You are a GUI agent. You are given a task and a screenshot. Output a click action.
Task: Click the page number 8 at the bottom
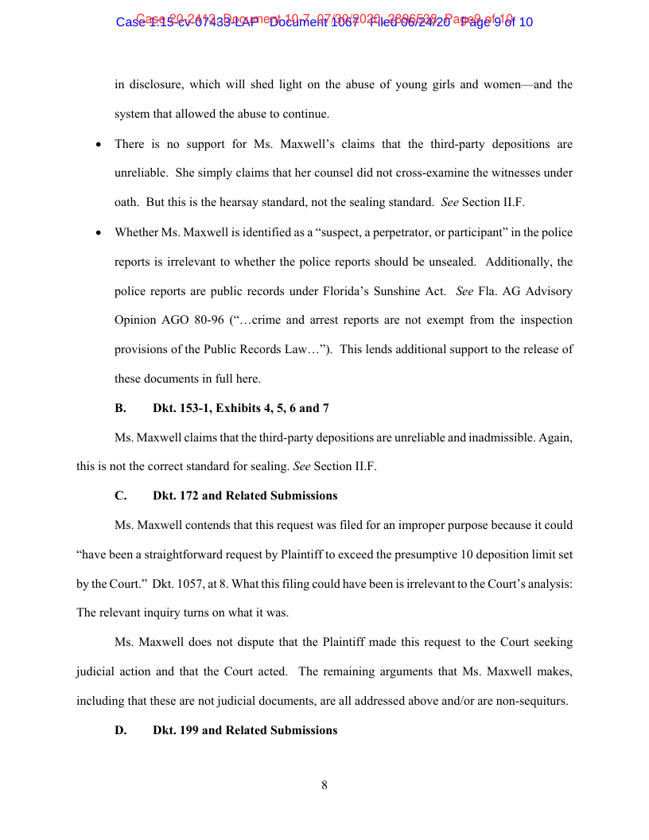(324, 786)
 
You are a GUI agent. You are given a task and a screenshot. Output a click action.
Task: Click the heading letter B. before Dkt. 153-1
(120, 408)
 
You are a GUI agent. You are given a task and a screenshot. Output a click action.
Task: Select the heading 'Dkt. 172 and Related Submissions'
(245, 496)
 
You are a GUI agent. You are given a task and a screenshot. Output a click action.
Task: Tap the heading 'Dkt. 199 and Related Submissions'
(245, 730)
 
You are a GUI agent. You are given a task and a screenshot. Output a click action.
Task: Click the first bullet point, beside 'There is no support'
(98, 146)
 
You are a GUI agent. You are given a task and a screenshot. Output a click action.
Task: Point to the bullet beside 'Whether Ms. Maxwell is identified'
(98, 233)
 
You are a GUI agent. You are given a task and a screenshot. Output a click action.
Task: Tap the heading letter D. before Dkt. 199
(121, 730)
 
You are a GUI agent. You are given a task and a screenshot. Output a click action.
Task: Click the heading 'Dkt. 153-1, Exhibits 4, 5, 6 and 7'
(241, 408)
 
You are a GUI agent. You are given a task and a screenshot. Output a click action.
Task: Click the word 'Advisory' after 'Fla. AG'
(549, 291)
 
